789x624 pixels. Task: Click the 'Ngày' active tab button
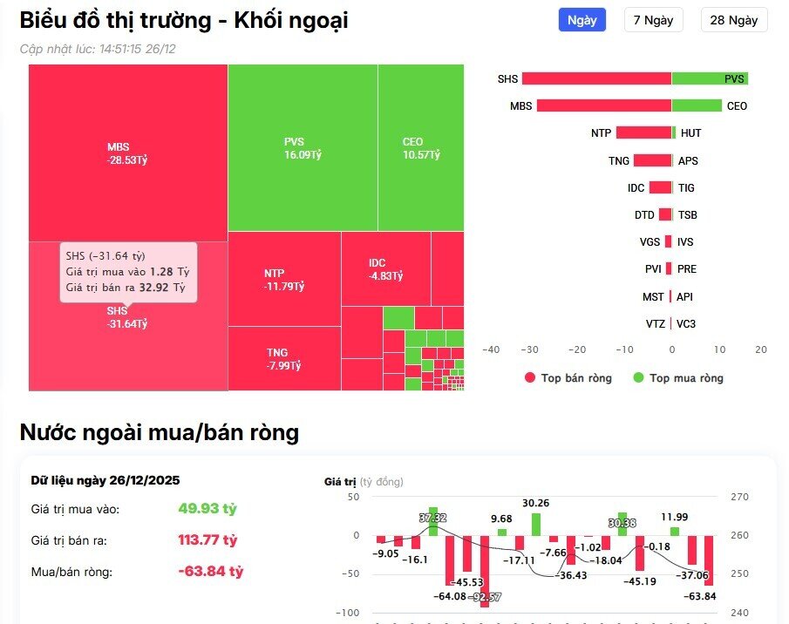[582, 20]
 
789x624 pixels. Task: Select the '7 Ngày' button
[654, 20]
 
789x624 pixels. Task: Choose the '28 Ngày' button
[733, 20]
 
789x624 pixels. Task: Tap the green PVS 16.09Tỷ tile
[303, 147]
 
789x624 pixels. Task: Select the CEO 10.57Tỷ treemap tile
[420, 147]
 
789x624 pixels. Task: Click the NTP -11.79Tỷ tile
[284, 279]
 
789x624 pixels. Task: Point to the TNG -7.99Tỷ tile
[283, 358]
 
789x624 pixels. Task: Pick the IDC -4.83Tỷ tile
[385, 268]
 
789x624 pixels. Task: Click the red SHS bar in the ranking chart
[596, 78]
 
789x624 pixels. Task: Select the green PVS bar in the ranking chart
[709, 78]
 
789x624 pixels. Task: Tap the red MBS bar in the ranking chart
[603, 105]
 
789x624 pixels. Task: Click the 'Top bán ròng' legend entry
[568, 378]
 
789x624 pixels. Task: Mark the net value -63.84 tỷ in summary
[210, 572]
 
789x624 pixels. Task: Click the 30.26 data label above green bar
[535, 503]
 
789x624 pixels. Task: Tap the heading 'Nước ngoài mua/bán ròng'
[160, 432]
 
